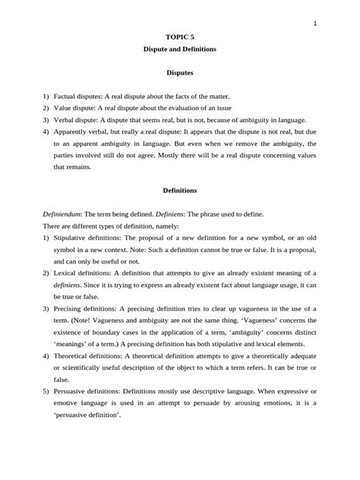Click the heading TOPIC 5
pyautogui.click(x=180, y=36)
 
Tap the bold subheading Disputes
pyautogui.click(x=180, y=74)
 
